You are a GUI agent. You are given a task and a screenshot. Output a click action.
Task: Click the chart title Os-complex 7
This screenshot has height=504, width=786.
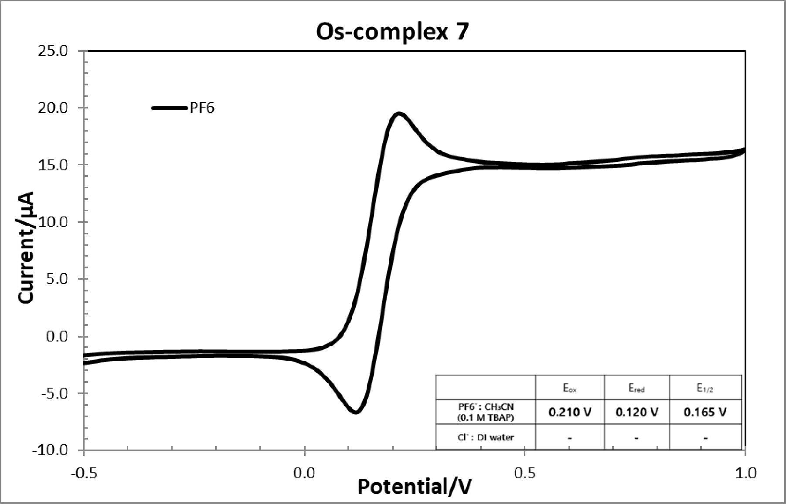point(392,32)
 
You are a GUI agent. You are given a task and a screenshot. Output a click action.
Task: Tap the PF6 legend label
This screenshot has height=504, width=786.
point(202,108)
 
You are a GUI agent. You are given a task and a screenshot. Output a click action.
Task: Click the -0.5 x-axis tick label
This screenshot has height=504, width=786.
point(83,473)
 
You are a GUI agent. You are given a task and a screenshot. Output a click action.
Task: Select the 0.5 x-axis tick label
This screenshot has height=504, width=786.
point(525,473)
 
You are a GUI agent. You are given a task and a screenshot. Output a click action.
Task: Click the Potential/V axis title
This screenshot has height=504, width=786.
point(415,487)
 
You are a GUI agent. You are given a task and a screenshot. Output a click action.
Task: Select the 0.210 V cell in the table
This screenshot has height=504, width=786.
point(570,412)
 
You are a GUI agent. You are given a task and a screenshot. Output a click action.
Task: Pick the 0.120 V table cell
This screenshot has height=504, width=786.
point(636,412)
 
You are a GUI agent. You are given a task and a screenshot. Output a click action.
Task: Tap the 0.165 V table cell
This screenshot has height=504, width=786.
point(705,412)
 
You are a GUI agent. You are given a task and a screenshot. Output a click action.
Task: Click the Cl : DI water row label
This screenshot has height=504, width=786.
point(486,437)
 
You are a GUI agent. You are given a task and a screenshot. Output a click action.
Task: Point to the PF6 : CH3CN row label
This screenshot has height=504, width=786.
point(486,412)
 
